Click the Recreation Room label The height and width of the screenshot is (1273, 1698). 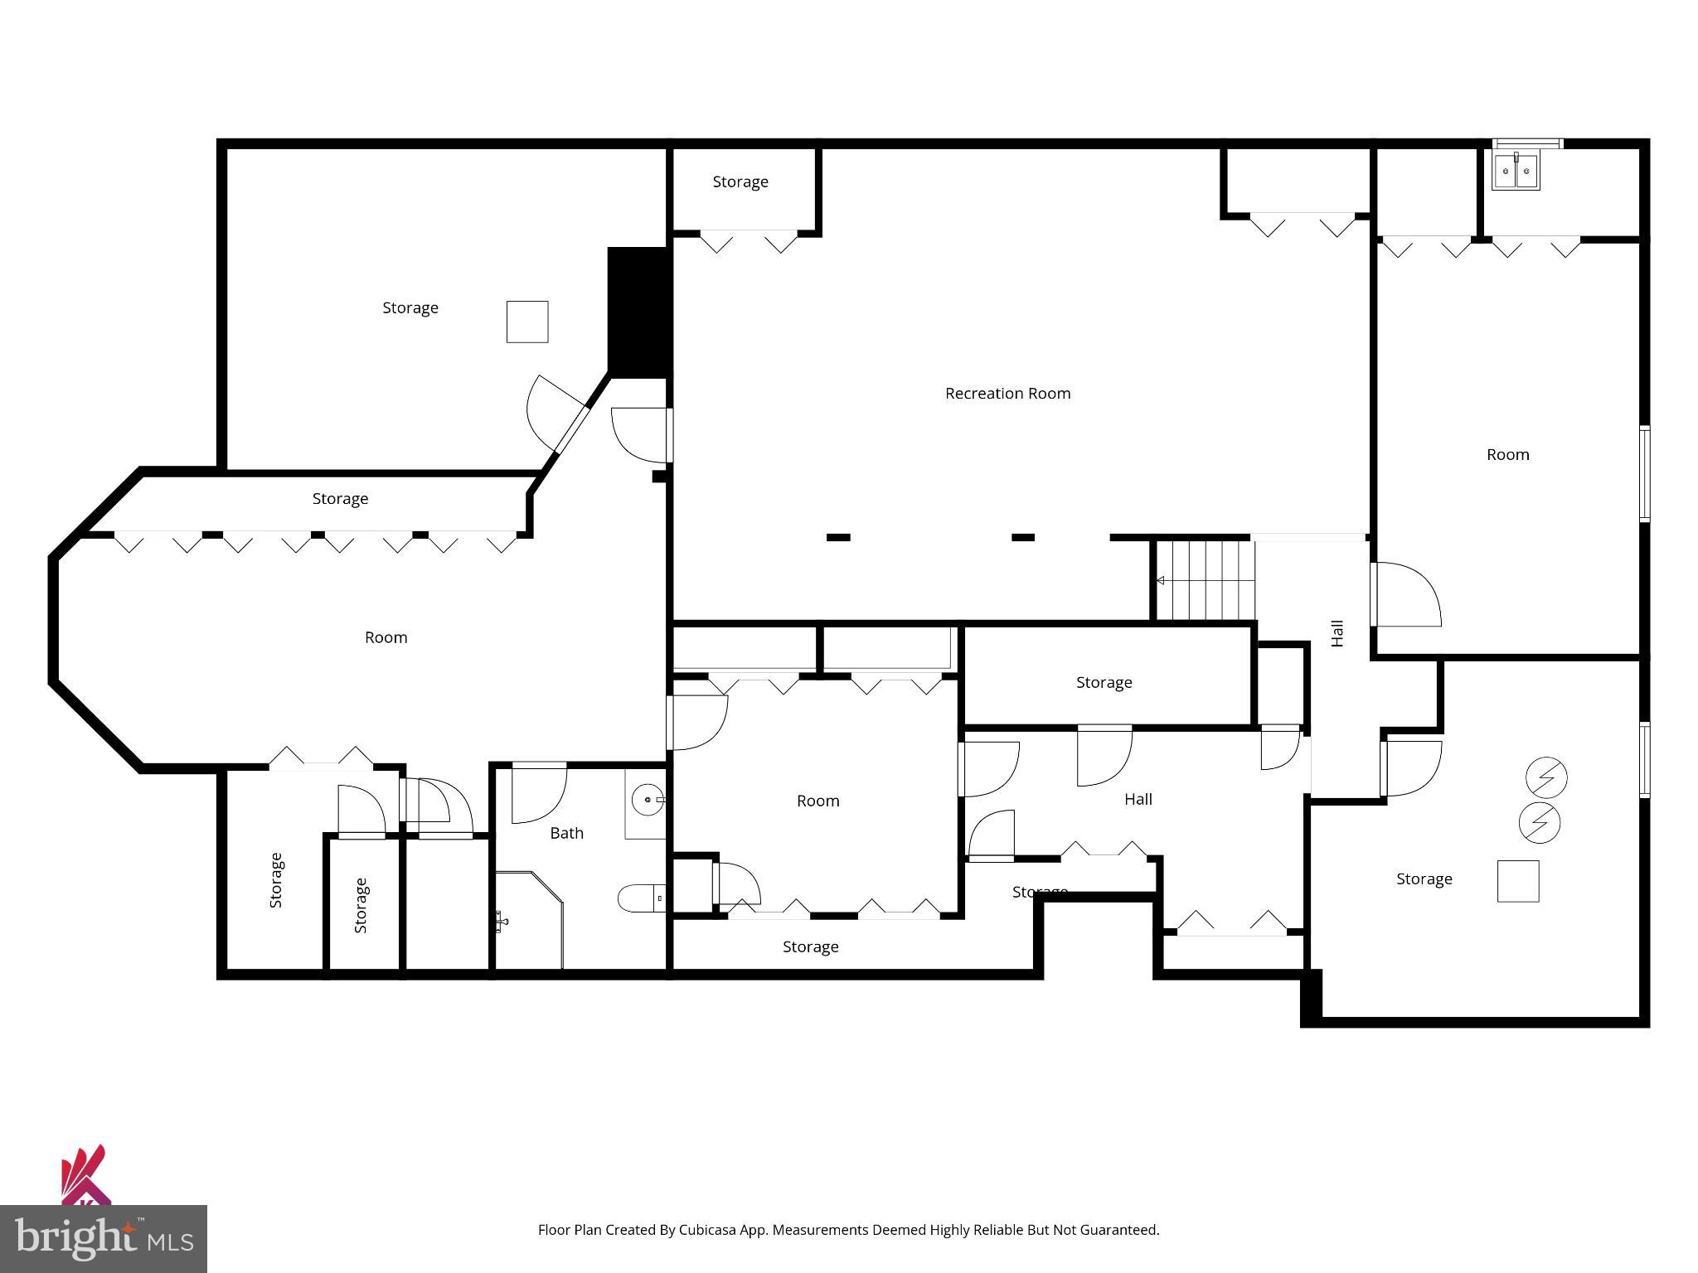click(x=1007, y=394)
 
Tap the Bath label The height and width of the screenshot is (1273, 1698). click(x=566, y=833)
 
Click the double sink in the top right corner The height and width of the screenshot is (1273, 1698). click(x=1516, y=172)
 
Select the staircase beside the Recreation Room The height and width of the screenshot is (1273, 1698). click(x=1205, y=580)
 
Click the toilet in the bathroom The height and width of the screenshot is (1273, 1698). click(x=641, y=898)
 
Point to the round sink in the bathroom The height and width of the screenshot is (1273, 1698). click(x=646, y=801)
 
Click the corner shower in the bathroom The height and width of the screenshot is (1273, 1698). click(x=529, y=918)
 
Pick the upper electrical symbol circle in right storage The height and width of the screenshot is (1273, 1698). click(x=1546, y=778)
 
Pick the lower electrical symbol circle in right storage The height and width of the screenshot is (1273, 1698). click(x=1539, y=822)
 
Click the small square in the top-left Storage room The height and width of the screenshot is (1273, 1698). click(x=527, y=322)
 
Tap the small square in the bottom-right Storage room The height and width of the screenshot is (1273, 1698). click(x=1517, y=881)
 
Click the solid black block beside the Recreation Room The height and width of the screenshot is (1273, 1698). click(x=638, y=312)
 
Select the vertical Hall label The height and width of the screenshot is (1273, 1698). click(x=1337, y=633)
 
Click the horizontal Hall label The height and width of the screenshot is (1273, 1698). click(x=1138, y=799)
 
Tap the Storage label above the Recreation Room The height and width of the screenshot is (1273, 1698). click(x=740, y=182)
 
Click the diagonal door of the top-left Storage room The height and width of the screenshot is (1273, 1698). click(x=570, y=429)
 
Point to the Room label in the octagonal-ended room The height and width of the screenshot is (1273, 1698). click(x=386, y=637)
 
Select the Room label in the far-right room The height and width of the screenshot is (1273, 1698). click(x=1507, y=454)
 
